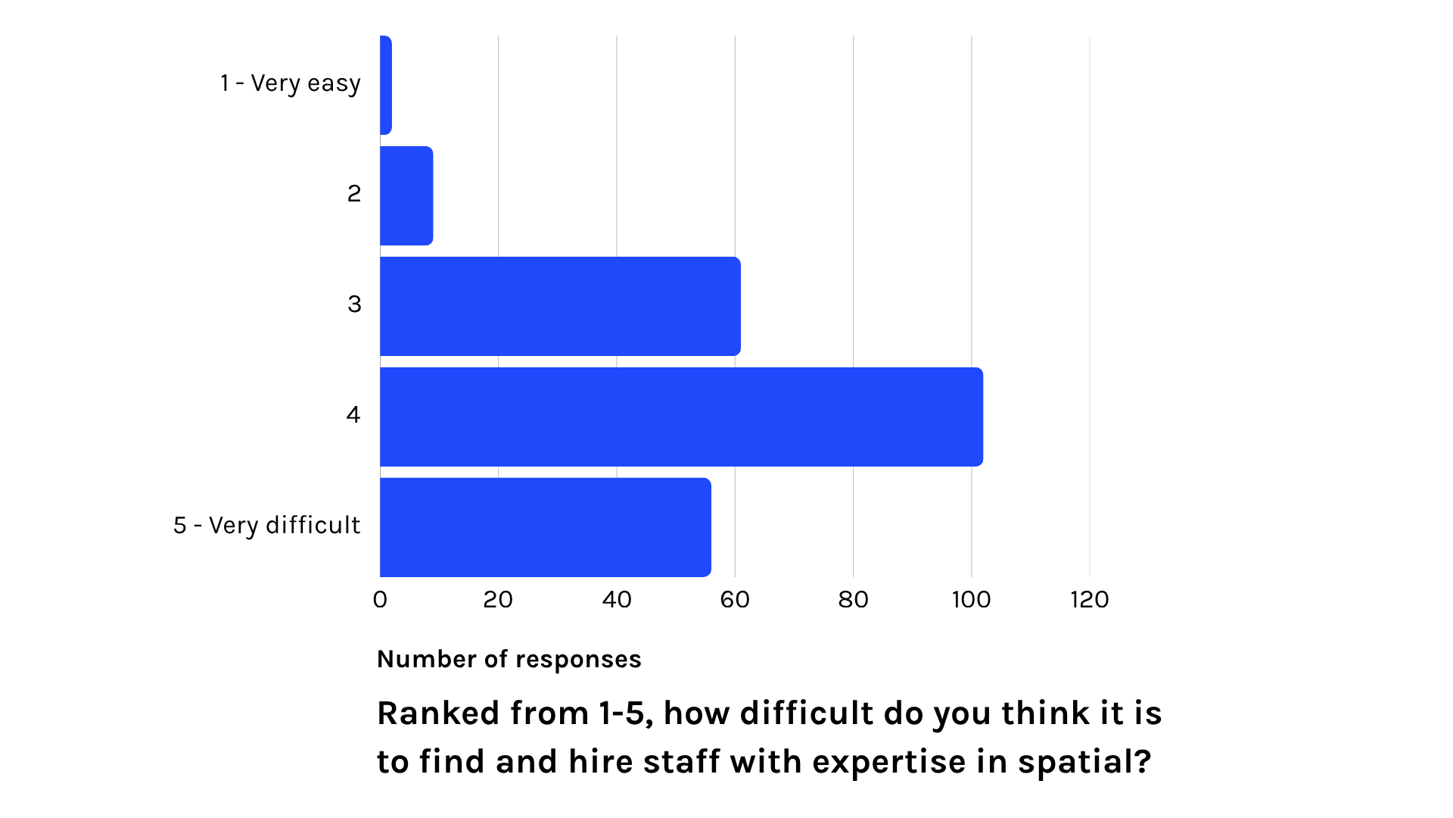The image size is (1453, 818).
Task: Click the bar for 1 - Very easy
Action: tap(385, 85)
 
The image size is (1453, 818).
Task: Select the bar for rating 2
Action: tap(406, 195)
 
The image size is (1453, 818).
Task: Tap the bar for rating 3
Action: tap(560, 306)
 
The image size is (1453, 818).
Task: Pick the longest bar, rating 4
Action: tap(681, 417)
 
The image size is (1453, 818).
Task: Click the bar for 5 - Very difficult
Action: tap(545, 527)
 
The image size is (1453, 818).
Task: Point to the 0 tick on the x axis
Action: tap(380, 600)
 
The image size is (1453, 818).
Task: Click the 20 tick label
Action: tap(498, 600)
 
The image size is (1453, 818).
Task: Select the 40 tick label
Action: tap(617, 600)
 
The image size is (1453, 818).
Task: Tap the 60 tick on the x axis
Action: tap(735, 600)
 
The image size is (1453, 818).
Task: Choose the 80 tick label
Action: tap(853, 600)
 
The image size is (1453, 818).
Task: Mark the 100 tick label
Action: tap(971, 600)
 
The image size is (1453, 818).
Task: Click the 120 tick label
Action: tap(1089, 600)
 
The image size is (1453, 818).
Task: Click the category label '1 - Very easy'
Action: tap(290, 83)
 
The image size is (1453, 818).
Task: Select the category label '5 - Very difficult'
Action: tap(266, 526)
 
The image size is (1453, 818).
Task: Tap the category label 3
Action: tap(354, 304)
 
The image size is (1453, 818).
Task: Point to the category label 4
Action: tap(353, 415)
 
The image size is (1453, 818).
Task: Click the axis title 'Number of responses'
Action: tap(509, 660)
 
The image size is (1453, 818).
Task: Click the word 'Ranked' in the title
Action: tap(440, 713)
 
